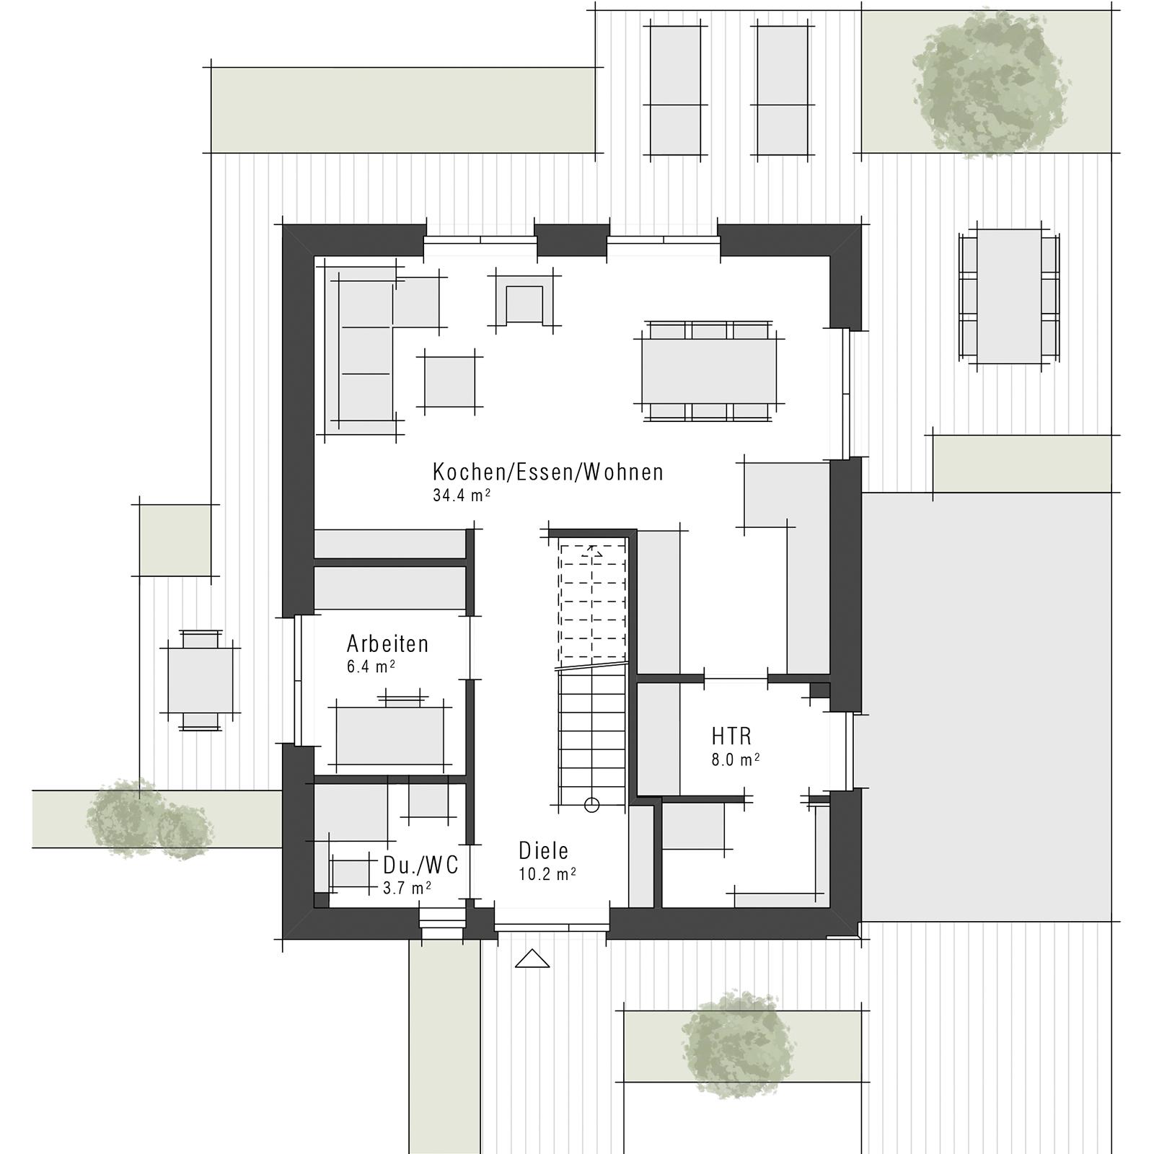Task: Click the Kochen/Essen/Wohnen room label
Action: pos(547,472)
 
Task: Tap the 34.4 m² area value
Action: pos(462,495)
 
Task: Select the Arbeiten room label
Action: pos(387,643)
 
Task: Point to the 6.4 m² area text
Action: pos(371,666)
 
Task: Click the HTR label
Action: pos(731,736)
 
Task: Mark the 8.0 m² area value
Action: pos(735,759)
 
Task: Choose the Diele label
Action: pos(544,851)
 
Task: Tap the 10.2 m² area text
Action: pos(547,874)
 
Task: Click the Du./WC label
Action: pos(420,865)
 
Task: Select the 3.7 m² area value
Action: pos(407,888)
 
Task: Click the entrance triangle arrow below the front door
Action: pos(532,959)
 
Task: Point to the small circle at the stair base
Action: pos(591,805)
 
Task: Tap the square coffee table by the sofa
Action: pos(449,382)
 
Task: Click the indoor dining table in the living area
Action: pos(709,371)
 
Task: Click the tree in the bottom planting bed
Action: pos(736,1044)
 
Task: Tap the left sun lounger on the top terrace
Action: pos(675,90)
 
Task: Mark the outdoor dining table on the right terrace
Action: pos(1008,296)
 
